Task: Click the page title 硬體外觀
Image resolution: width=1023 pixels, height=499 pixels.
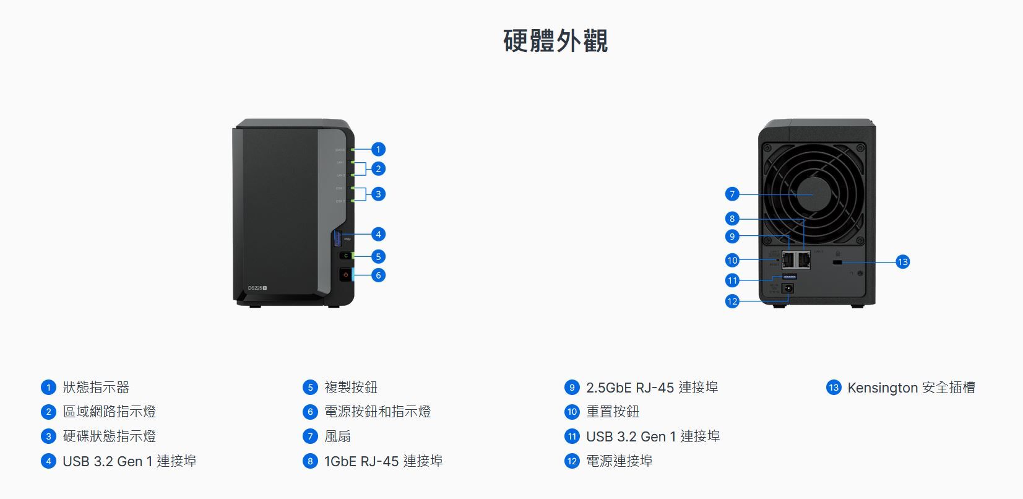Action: pos(555,41)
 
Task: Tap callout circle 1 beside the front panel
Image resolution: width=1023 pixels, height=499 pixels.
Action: pos(378,149)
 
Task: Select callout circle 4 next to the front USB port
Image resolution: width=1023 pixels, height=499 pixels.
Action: pos(378,234)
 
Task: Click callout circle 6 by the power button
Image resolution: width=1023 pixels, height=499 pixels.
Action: pos(378,275)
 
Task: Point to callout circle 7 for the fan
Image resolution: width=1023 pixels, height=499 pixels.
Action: pos(732,194)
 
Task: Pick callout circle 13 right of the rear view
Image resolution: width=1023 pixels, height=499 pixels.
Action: pos(902,262)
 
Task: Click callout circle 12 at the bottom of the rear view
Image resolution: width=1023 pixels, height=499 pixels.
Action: pos(732,302)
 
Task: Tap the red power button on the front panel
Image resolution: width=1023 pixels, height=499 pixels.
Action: pos(345,274)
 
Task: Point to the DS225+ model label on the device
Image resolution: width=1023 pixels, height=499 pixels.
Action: pos(257,288)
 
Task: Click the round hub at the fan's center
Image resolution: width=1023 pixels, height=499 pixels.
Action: pos(812,194)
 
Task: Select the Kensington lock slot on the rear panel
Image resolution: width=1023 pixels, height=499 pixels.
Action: pos(837,263)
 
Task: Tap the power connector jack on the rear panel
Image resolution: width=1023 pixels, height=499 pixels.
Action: pos(788,289)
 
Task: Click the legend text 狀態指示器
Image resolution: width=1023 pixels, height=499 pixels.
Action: pos(96,388)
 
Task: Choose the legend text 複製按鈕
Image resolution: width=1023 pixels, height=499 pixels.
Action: pos(351,388)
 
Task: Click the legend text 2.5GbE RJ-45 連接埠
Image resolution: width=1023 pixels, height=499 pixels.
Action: pos(652,388)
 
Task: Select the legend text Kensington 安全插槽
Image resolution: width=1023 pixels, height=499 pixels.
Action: pos(911,388)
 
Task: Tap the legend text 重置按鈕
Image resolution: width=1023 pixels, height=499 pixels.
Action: pos(613,412)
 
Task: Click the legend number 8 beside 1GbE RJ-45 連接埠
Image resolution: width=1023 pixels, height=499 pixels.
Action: pos(310,461)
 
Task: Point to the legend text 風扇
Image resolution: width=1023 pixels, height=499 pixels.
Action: pos(337,436)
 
